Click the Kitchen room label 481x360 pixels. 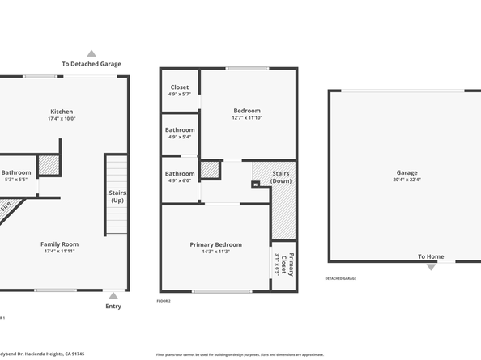62,112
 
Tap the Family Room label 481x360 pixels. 62,244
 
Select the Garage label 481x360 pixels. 407,172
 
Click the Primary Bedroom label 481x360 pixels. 215,244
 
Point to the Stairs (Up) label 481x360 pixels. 117,196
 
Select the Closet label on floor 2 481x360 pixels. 180,87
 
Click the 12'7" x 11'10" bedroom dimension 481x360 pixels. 247,117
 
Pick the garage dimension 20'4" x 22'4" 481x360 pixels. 407,180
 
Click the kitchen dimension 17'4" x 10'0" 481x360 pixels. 62,119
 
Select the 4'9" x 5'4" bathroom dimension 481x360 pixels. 180,137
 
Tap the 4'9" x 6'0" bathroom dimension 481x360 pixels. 180,180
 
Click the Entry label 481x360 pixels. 114,306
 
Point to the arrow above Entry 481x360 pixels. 114,295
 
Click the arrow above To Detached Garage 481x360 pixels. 91,53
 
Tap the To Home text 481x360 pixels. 431,256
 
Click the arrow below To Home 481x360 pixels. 431,266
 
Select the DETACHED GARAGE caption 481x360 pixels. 341,278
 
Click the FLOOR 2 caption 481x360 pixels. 164,301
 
